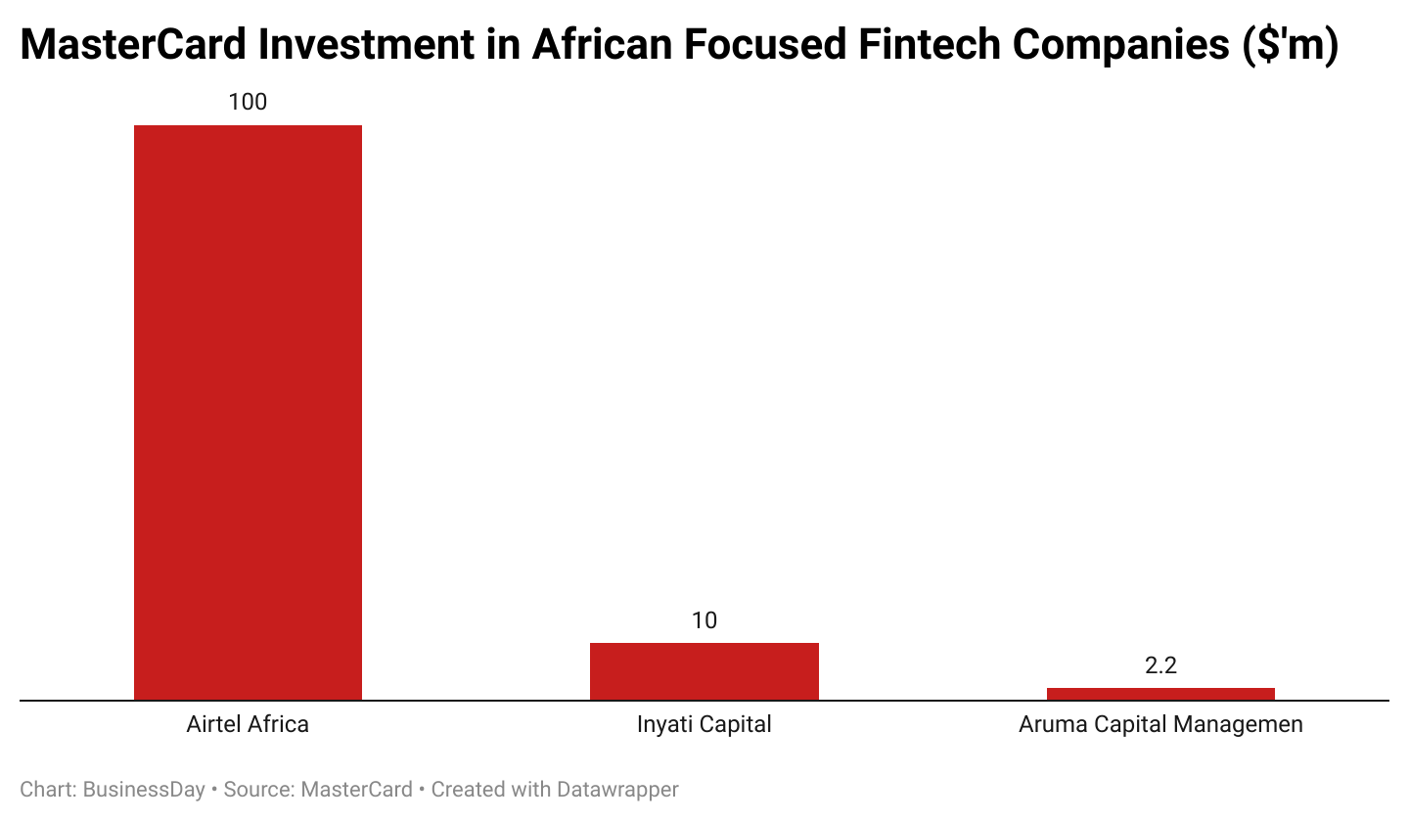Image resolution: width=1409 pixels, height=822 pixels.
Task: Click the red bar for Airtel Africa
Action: pos(248,412)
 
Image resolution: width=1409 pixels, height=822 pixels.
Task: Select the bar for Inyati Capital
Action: pos(704,671)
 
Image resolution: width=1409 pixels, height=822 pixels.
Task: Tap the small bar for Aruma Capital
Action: pos(1160,694)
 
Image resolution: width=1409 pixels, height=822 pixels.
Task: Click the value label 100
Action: pos(248,102)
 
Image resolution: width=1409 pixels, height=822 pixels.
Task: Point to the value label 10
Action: pos(704,620)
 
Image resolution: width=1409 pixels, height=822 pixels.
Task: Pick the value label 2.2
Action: pos(1160,665)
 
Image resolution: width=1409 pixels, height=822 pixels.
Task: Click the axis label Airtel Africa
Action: pos(248,725)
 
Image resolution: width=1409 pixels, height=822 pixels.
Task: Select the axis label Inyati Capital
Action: pos(704,725)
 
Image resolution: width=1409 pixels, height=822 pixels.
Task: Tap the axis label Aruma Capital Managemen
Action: pos(1160,725)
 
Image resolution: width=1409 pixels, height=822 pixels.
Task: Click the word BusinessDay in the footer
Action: pos(144,790)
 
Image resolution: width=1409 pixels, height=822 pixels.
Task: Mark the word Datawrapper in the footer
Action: pos(618,790)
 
